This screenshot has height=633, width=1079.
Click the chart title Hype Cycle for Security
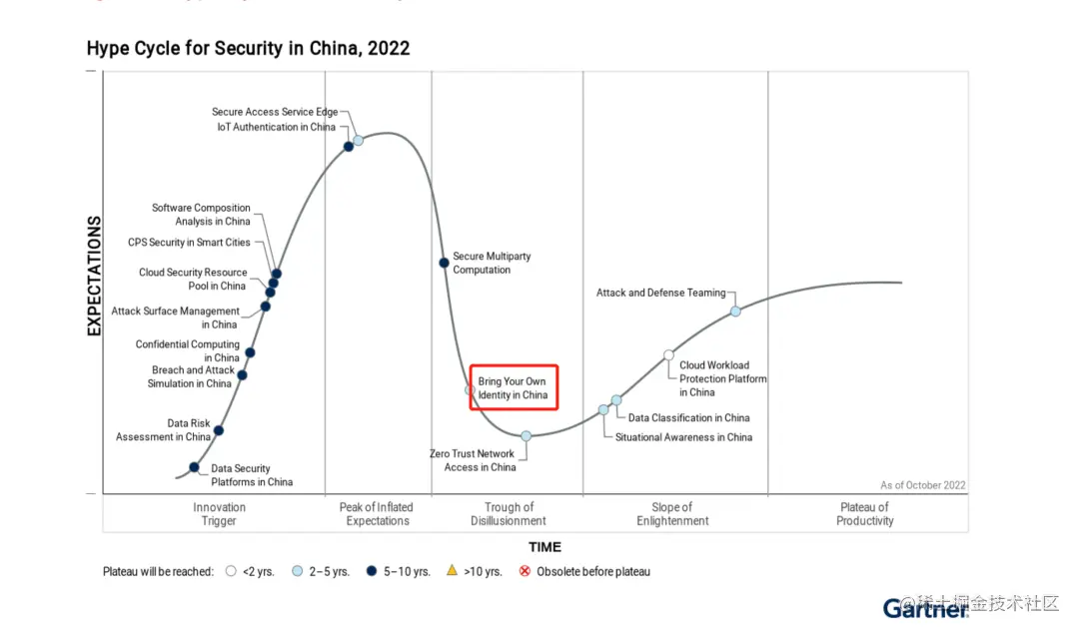point(248,48)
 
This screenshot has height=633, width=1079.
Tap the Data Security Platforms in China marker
point(194,467)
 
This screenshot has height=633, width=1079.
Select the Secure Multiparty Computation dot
point(444,263)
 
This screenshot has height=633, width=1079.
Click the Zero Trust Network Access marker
point(527,435)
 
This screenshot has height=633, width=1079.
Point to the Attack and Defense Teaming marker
point(735,312)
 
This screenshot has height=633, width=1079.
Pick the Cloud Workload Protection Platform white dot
point(668,354)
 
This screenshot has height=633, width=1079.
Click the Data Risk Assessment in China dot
point(219,430)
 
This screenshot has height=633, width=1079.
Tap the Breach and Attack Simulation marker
point(242,375)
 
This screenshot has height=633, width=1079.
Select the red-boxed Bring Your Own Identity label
point(513,388)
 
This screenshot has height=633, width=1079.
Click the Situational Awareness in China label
point(683,437)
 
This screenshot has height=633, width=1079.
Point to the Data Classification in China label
point(688,418)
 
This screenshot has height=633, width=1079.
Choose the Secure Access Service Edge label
point(275,112)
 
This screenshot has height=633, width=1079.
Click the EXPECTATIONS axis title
point(95,276)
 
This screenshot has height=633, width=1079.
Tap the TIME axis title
point(544,547)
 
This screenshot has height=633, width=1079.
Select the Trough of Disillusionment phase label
point(509,514)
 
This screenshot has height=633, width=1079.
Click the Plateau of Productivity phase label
point(865,514)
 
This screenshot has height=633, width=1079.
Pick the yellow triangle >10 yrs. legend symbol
point(452,571)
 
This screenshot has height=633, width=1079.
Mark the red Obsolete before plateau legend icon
point(524,572)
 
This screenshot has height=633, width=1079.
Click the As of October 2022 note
point(922,485)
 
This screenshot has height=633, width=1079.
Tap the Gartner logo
point(925,607)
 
